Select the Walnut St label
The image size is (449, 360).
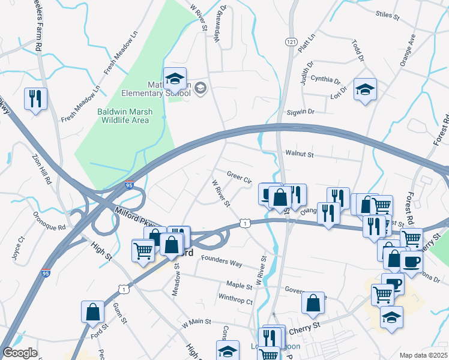coord(300,155)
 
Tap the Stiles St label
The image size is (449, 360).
coord(387,13)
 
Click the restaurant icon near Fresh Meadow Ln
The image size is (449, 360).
coord(35,98)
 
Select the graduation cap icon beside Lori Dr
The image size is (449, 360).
coord(365,89)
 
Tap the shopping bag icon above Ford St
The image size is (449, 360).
coord(92,311)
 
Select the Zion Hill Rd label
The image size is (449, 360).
coord(42,170)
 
